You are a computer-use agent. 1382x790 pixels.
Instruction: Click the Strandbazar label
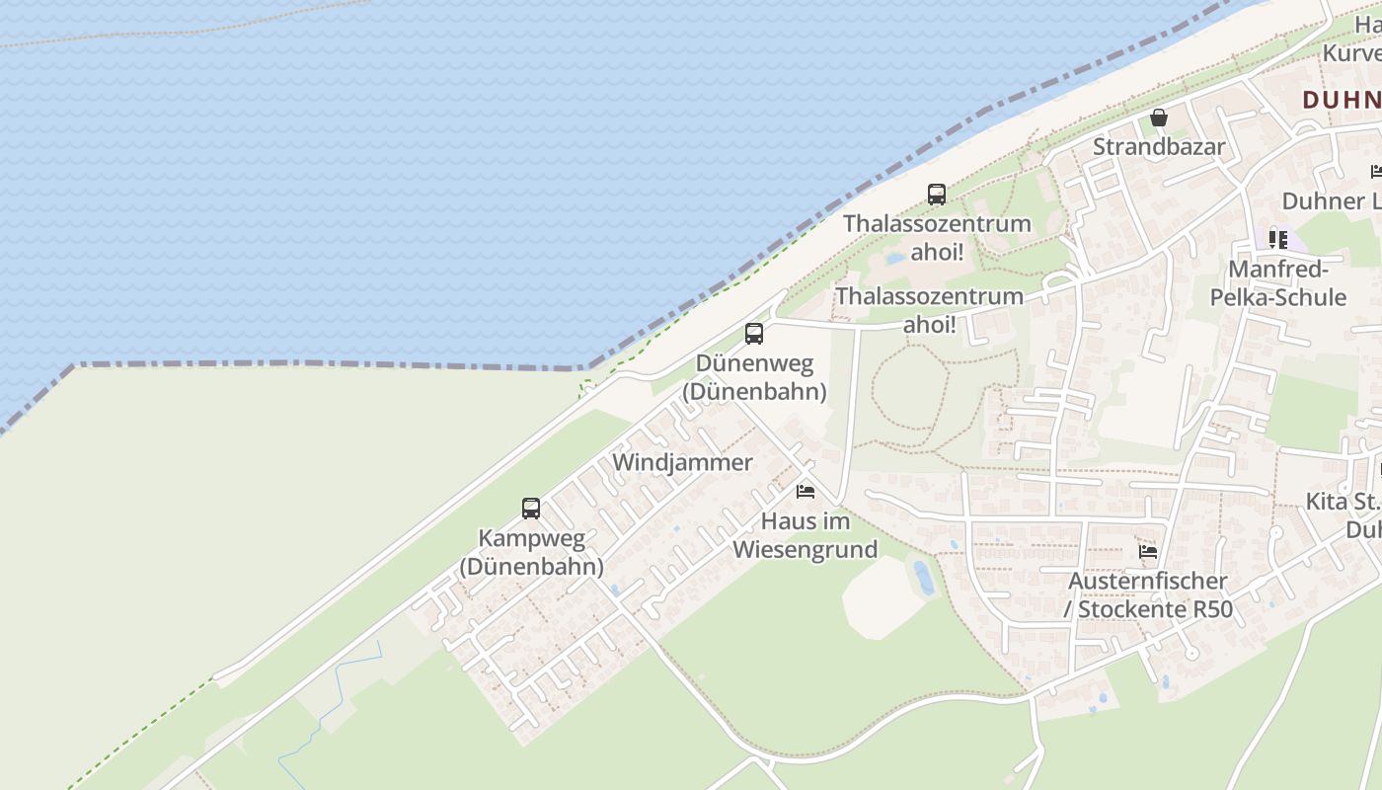click(1158, 147)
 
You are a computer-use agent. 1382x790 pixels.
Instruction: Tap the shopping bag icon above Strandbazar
click(1159, 118)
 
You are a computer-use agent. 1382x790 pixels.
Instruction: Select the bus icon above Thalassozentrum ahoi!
click(936, 195)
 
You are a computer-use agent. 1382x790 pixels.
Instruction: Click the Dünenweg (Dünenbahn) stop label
click(754, 377)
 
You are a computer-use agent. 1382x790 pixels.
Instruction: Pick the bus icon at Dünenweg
click(754, 334)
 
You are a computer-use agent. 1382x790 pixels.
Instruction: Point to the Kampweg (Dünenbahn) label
click(531, 553)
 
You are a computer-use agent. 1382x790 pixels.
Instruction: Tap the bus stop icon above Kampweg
click(531, 509)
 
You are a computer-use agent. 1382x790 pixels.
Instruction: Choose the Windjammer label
click(682, 462)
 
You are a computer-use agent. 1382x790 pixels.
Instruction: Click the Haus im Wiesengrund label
click(805, 535)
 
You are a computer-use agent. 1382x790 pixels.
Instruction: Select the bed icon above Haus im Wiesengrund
click(806, 492)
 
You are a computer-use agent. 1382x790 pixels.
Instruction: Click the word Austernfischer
click(1148, 581)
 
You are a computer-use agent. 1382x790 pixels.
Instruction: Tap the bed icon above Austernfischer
click(1147, 552)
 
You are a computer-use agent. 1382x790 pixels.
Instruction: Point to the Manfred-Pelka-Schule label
click(1287, 283)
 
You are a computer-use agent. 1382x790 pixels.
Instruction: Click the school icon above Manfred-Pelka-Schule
click(1278, 239)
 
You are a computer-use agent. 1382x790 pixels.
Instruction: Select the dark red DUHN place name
click(1341, 100)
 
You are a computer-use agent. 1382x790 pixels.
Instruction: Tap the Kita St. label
click(1342, 501)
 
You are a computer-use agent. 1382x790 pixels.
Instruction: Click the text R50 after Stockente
click(1212, 609)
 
